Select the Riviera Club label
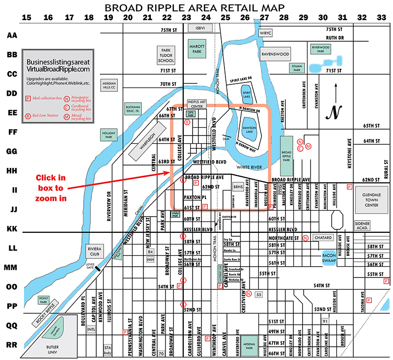[x=94, y=251]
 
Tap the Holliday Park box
[x=108, y=135]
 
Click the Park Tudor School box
[x=166, y=55]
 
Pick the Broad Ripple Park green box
[x=286, y=153]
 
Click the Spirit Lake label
[x=246, y=92]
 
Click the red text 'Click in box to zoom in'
[x=50, y=188]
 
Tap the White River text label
[x=250, y=167]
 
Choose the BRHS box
[x=238, y=187]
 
